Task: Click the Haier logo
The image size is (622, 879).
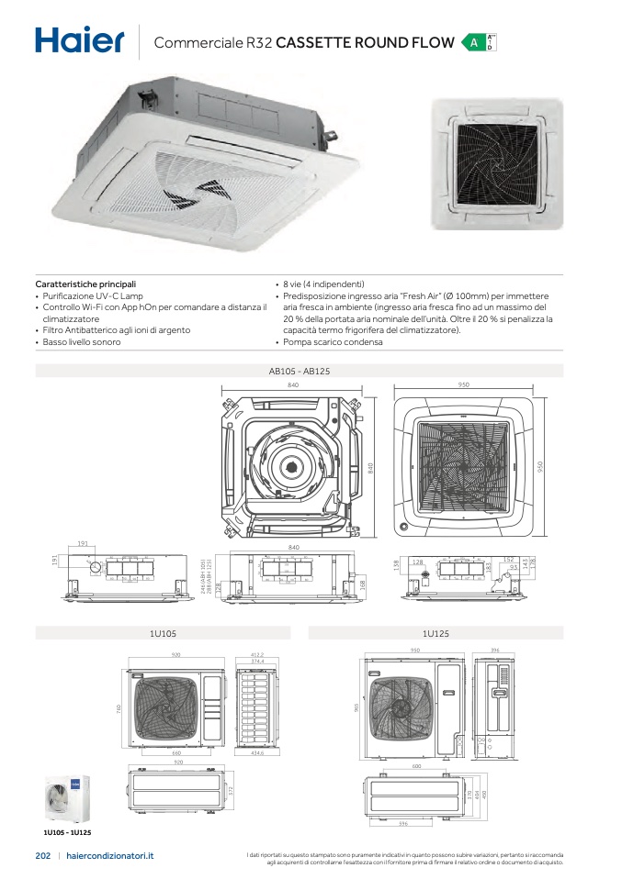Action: click(79, 40)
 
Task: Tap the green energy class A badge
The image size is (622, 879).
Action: click(472, 42)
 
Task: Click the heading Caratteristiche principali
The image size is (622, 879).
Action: click(85, 284)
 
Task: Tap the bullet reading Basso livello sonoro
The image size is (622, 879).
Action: click(81, 342)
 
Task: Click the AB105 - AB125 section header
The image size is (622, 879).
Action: click(299, 371)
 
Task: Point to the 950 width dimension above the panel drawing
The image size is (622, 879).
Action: click(464, 385)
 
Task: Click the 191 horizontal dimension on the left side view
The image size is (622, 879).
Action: click(84, 544)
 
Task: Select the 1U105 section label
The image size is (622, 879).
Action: click(162, 633)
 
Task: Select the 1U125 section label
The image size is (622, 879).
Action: click(435, 633)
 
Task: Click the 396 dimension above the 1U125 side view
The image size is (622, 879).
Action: click(494, 651)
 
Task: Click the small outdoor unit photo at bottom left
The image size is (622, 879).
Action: click(67, 801)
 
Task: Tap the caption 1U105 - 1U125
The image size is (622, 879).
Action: click(67, 832)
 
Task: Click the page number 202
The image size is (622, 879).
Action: click(42, 856)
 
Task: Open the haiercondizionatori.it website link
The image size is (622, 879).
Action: click(111, 856)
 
